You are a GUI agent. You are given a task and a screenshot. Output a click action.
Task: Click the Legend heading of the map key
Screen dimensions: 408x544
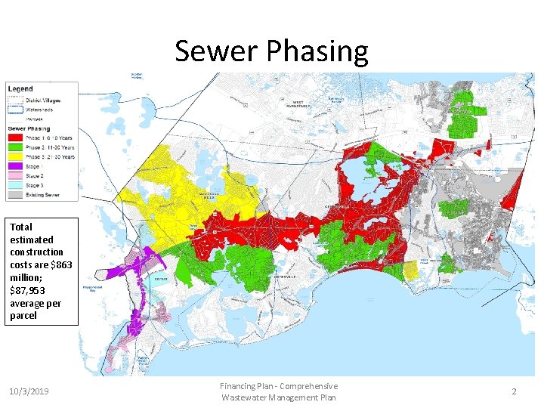(20, 89)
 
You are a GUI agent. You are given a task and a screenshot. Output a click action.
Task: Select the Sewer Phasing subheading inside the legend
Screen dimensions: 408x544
(29, 128)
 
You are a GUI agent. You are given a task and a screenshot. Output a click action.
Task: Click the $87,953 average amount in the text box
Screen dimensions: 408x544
(29, 291)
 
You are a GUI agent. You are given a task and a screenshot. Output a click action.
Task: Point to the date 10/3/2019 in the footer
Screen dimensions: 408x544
(29, 391)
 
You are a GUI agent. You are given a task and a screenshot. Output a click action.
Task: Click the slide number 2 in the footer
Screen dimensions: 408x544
(514, 391)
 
